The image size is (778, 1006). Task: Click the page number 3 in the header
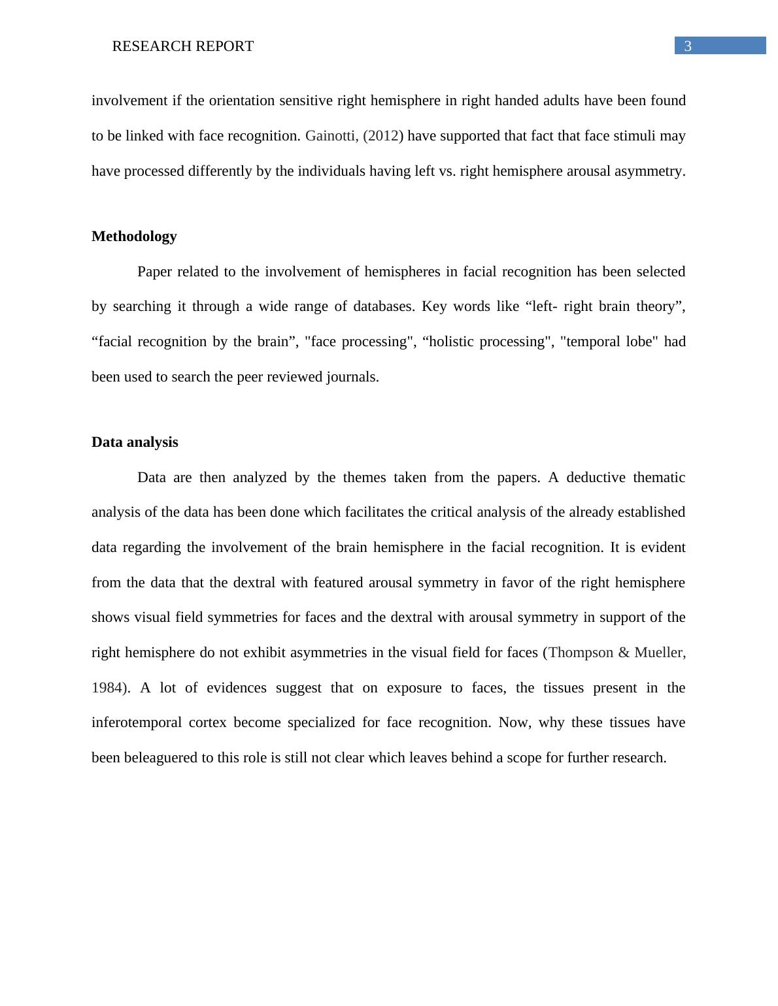pyautogui.click(x=687, y=46)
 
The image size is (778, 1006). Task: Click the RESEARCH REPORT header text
pyautogui.click(x=182, y=46)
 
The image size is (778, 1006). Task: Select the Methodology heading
pyautogui.click(x=134, y=236)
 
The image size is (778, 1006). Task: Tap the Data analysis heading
pyautogui.click(x=135, y=442)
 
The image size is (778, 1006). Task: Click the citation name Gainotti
pyautogui.click(x=331, y=136)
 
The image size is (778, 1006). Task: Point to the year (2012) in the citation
pyautogui.click(x=383, y=136)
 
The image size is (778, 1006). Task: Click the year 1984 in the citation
pyautogui.click(x=106, y=688)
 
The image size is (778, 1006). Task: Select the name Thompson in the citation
pyautogui.click(x=581, y=653)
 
